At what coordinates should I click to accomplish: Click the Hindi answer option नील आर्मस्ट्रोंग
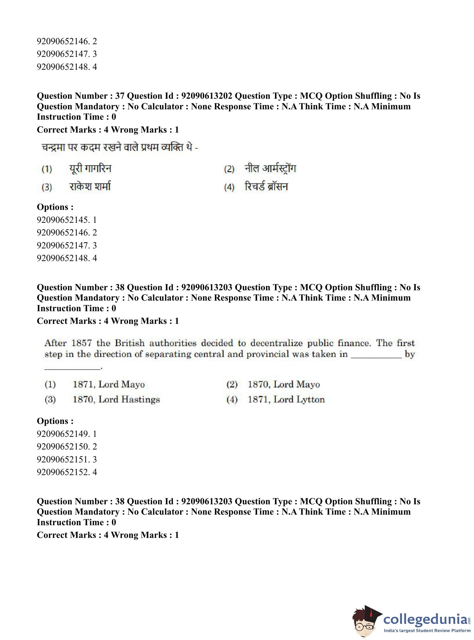270,169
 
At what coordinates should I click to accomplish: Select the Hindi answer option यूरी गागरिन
90,169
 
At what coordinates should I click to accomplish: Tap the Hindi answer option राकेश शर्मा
90,187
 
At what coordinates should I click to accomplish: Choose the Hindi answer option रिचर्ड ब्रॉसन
266,187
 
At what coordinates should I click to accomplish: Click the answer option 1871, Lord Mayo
109,384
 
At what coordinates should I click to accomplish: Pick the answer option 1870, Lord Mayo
283,384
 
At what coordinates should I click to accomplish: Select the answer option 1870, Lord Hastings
116,399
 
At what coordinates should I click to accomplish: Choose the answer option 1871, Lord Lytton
286,399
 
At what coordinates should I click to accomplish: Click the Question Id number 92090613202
207,96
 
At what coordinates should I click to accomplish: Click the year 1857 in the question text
82,343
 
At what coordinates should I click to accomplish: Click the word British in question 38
130,343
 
